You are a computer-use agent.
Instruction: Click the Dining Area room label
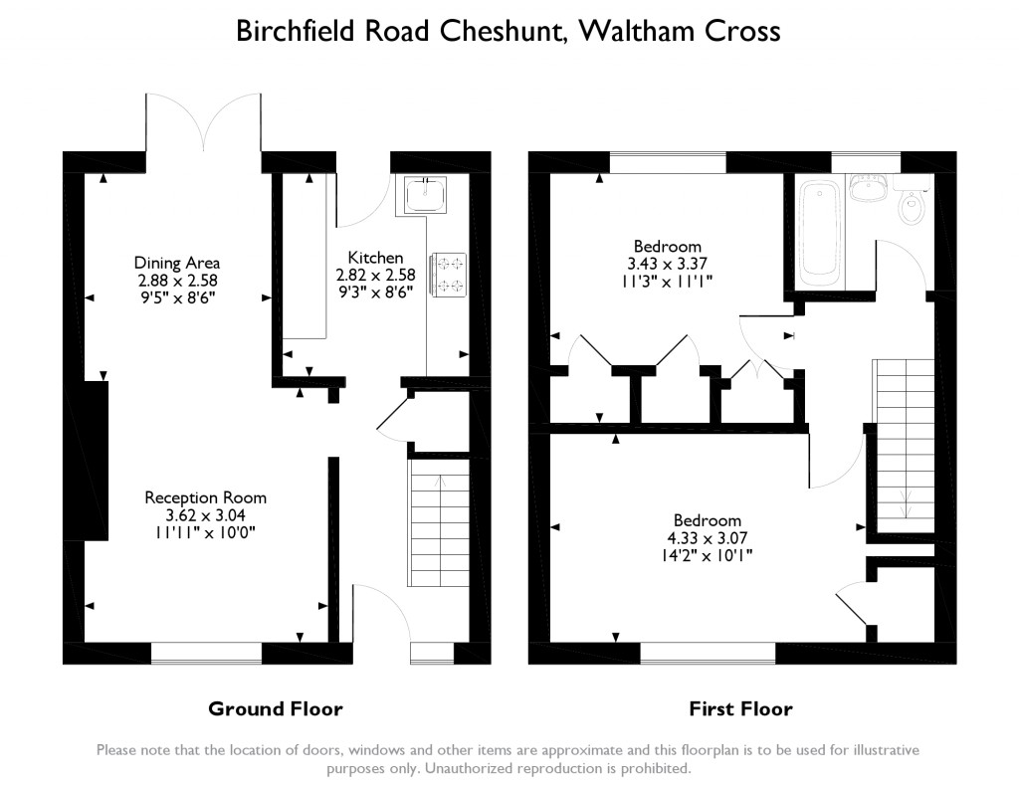coord(177,263)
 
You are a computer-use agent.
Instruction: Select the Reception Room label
coord(206,497)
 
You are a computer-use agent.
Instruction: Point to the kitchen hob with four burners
coord(448,275)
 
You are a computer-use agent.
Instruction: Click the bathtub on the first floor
coord(821,229)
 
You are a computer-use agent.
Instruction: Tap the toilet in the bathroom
coord(912,206)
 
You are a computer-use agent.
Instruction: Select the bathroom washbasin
coord(870,188)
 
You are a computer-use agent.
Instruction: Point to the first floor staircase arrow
coord(906,502)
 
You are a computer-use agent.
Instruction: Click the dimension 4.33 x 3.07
coord(708,538)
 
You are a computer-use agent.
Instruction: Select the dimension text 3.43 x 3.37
coord(667,264)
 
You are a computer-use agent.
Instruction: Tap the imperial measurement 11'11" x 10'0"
coord(206,532)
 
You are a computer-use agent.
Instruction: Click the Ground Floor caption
coord(275,709)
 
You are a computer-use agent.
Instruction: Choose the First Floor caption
coord(741,709)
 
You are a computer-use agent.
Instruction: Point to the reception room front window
coord(206,653)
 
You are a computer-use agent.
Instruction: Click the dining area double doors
coord(205,124)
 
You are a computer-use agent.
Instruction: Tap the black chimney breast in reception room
coord(96,461)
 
